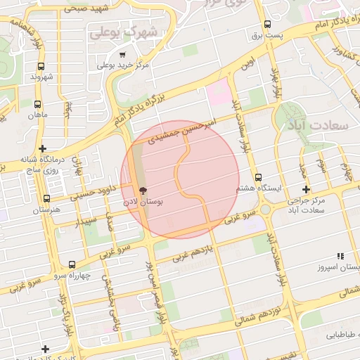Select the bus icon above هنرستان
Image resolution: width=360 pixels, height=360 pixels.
[x=46, y=199]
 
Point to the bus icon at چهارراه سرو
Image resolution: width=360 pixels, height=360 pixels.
[x=72, y=264]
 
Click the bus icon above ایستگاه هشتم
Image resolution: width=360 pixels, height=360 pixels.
[x=258, y=177]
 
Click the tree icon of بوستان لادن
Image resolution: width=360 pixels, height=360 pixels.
[x=143, y=191]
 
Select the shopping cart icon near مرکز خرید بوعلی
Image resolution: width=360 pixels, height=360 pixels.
[x=122, y=55]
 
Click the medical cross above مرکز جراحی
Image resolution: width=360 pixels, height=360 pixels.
[x=305, y=189]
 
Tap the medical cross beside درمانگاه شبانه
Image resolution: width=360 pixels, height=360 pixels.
[x=44, y=148]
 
